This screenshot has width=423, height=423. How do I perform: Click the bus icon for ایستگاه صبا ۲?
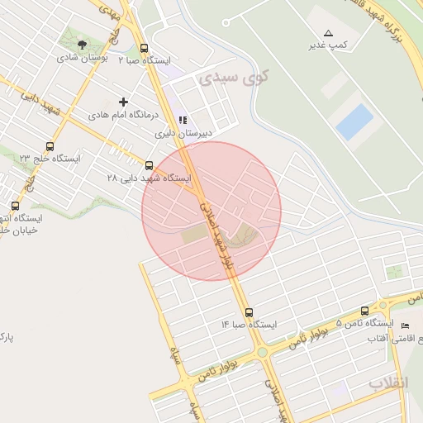(x=145, y=48)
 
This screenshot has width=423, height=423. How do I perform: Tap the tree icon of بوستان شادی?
(x=81, y=45)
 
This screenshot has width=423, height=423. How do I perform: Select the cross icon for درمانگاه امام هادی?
(x=124, y=102)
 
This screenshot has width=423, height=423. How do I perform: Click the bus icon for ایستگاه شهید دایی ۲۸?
(x=150, y=165)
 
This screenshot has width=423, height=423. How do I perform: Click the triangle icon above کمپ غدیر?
(x=328, y=33)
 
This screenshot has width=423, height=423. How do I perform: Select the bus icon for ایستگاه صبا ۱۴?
(x=250, y=312)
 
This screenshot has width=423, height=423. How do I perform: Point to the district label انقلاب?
(x=388, y=384)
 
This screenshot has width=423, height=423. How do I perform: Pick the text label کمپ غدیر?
(x=327, y=45)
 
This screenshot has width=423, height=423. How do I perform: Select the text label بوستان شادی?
(x=79, y=59)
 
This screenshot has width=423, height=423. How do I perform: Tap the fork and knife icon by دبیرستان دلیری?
(x=183, y=120)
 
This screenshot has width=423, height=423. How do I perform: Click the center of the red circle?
(x=211, y=211)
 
